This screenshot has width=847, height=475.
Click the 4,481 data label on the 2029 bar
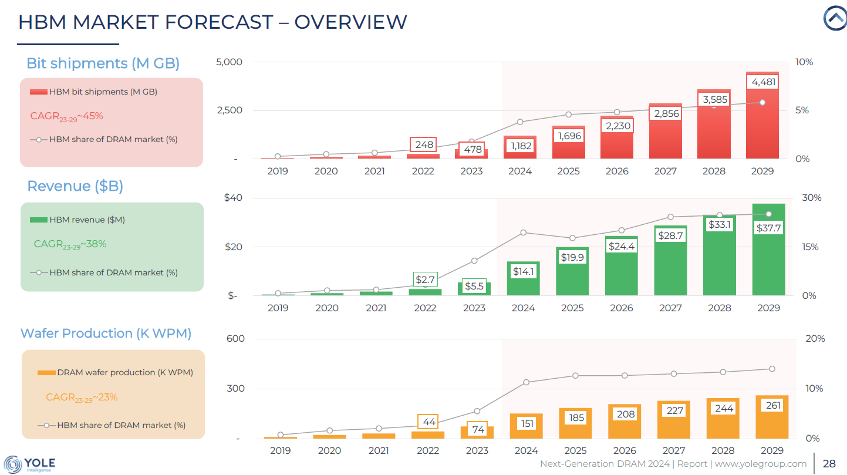point(763,82)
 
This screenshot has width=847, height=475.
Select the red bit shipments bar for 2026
point(617,144)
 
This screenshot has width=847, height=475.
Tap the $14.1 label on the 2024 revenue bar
point(523,272)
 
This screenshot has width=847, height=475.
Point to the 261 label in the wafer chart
point(773,405)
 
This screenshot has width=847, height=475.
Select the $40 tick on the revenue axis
point(233,198)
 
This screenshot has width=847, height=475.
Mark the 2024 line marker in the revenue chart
point(523,233)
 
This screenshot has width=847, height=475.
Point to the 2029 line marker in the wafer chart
point(772,369)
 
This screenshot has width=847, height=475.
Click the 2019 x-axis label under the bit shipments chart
point(277,171)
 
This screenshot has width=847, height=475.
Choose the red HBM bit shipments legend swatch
point(38,92)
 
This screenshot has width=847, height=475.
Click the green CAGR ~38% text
point(70,244)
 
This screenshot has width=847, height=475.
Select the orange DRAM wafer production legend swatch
point(46,373)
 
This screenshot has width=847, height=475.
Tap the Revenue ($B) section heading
point(75,186)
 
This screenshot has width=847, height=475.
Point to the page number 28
point(829,464)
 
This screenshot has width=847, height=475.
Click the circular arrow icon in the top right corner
point(834,19)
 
